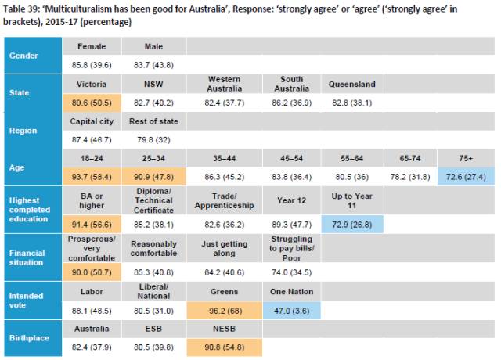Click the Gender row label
tap(23, 56)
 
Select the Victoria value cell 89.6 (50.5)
tap(92, 103)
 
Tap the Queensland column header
tap(352, 84)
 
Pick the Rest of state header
tap(153, 121)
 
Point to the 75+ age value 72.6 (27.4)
tap(466, 177)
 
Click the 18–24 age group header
tap(92, 158)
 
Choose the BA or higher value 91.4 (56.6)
tap(92, 225)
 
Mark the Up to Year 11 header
tap(351, 200)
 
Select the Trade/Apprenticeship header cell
tap(225, 200)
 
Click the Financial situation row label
tap(27, 257)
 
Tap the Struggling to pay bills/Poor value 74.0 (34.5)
tap(291, 272)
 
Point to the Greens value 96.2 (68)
tap(225, 311)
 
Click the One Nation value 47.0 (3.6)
tap(291, 311)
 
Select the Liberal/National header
tap(153, 291)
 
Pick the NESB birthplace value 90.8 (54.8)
tap(225, 347)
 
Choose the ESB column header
tap(153, 329)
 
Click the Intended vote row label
tap(26, 301)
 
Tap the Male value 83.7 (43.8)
tap(153, 65)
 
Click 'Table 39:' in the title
tap(21, 9)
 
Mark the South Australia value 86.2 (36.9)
tap(291, 103)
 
